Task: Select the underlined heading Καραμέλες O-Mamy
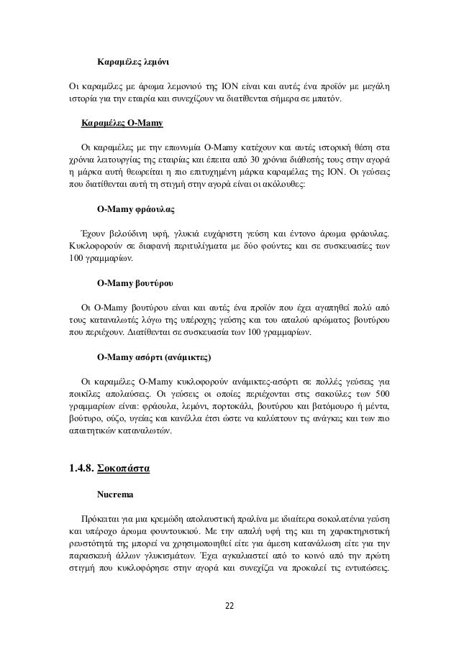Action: pyautogui.click(x=122, y=123)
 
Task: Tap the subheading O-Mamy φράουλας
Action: pyautogui.click(x=136, y=211)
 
